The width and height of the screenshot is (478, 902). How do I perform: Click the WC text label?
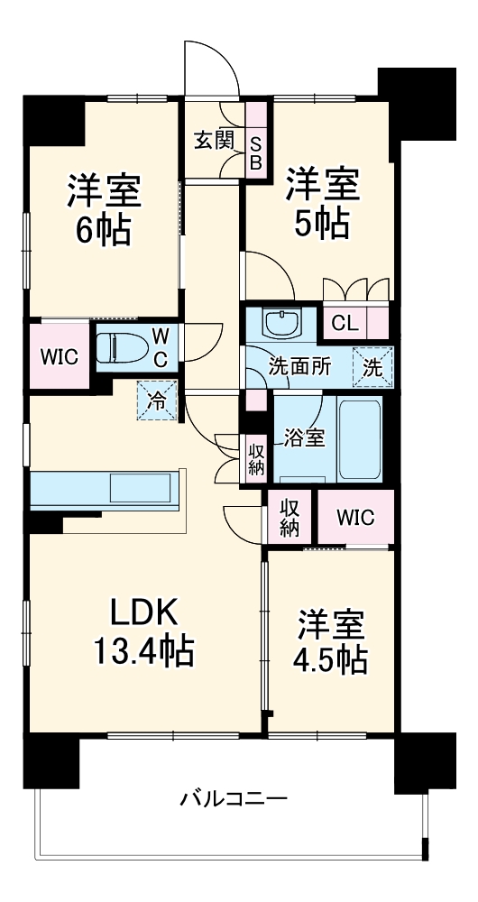160,345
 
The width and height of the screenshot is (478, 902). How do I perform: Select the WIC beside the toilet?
60,354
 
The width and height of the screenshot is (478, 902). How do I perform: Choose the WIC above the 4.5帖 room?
355,518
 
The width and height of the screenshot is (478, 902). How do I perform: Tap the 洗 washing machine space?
372,367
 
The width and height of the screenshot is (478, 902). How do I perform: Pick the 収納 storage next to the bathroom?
256,457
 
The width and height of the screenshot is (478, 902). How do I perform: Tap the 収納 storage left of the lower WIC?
289,518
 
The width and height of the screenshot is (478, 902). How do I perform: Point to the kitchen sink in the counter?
140,489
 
